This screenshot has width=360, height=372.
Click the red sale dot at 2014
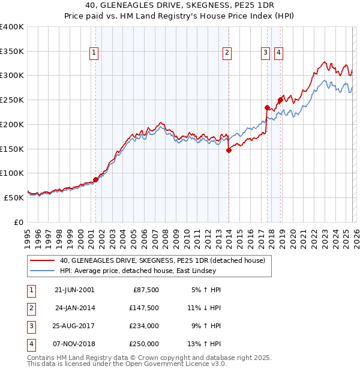(229, 151)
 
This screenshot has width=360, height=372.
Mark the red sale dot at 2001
(95, 179)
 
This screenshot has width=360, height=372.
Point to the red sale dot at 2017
(267, 108)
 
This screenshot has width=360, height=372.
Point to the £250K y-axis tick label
(12, 100)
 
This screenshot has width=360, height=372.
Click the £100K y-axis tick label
(12, 173)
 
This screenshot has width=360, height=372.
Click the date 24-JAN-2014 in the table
(74, 308)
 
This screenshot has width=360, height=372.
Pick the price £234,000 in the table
(143, 326)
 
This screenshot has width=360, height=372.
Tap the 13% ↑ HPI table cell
(204, 344)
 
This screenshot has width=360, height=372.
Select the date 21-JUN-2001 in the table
(74, 290)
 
